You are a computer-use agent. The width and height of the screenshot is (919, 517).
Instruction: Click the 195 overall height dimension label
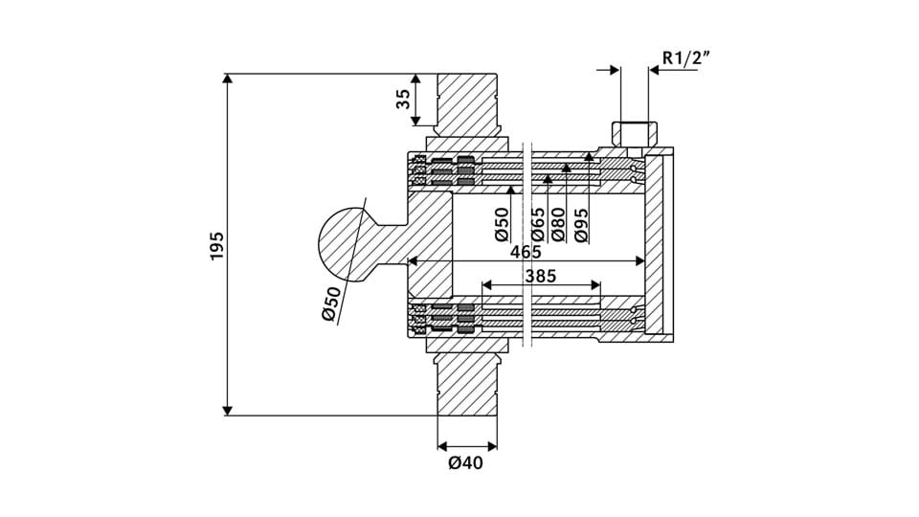click(217, 246)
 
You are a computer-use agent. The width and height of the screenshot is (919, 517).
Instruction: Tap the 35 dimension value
click(403, 100)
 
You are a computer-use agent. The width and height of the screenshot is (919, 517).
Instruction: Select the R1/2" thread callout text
click(686, 57)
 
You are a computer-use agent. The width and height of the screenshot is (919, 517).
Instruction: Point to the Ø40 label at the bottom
click(466, 463)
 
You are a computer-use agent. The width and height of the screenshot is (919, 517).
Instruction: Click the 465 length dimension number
click(526, 252)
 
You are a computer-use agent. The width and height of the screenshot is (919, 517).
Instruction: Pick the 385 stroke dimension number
click(540, 276)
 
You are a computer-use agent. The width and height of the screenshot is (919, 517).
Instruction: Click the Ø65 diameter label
click(537, 225)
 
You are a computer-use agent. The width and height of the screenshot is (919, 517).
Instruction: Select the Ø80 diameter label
click(558, 225)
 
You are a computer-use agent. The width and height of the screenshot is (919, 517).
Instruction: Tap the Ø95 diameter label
click(581, 225)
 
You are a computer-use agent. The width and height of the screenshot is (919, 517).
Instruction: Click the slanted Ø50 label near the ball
click(332, 304)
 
